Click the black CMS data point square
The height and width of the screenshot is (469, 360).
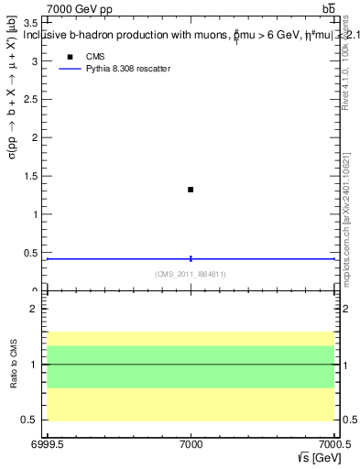point(191,190)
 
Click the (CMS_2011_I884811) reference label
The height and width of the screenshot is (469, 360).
point(190,274)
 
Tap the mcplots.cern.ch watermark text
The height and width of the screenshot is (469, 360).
point(345,230)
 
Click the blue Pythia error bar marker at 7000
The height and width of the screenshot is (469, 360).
point(191,259)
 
